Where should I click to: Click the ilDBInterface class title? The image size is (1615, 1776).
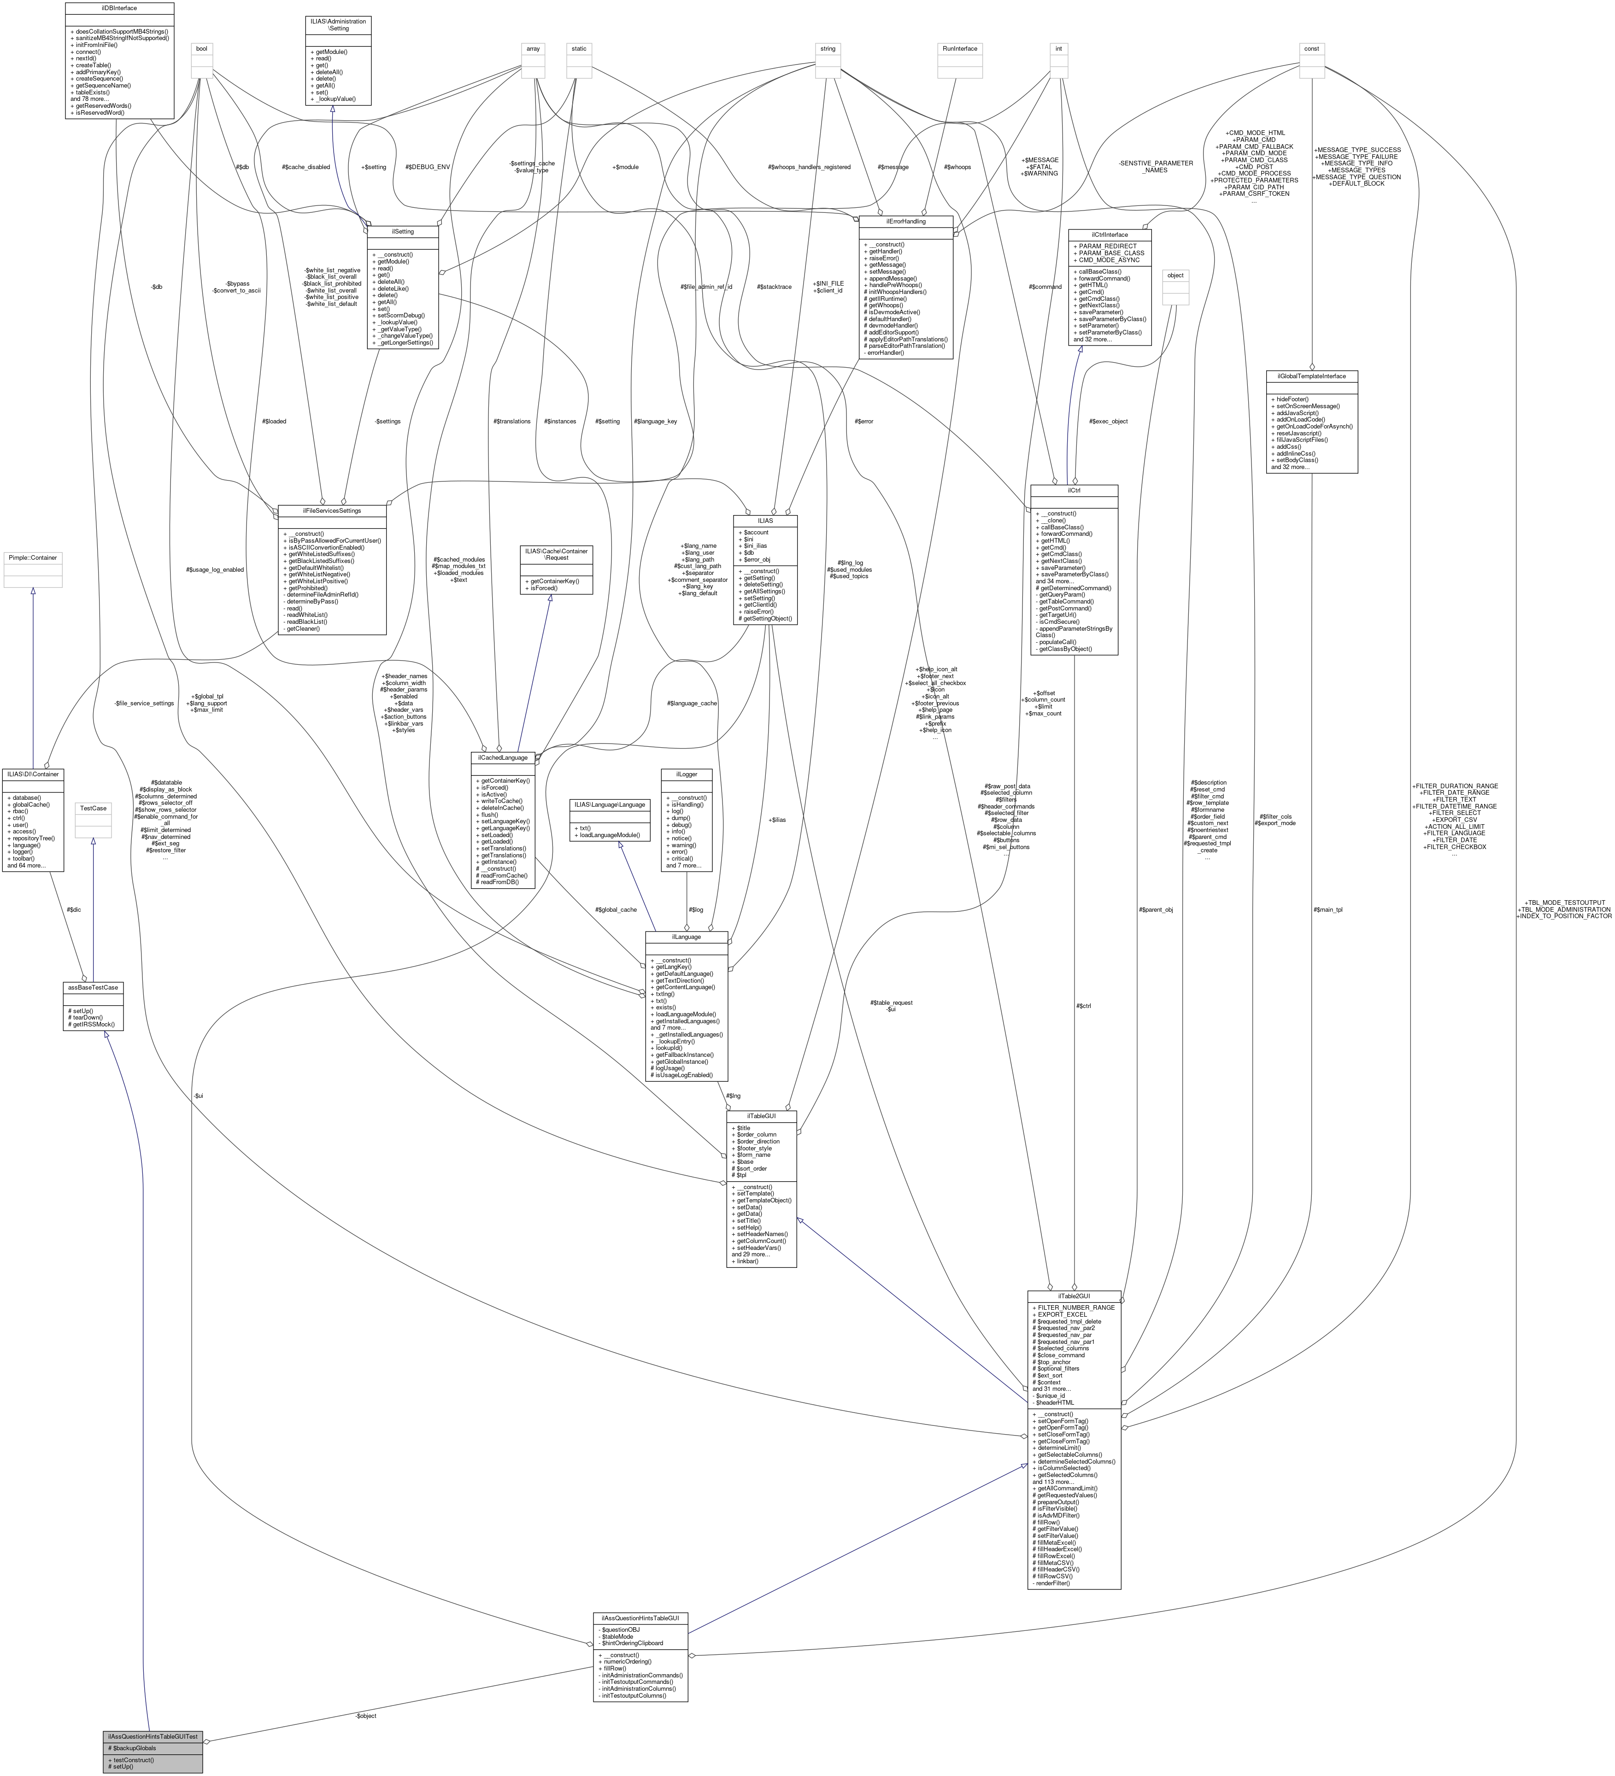[x=119, y=8]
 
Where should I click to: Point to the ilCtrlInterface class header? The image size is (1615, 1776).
[x=1109, y=234]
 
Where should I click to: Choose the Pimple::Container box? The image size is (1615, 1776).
[x=33, y=557]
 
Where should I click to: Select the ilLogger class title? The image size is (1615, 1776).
[x=687, y=774]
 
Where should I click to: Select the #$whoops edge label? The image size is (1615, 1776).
[x=957, y=166]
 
